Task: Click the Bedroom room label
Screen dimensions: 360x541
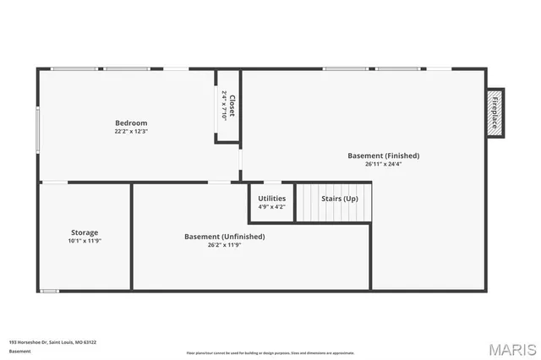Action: pos(131,123)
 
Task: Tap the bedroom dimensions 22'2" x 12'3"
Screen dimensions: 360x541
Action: pos(131,131)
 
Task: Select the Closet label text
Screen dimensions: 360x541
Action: pos(231,105)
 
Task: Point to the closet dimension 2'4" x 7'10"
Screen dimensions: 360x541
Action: pos(223,106)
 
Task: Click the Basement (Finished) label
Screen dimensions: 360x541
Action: pos(383,155)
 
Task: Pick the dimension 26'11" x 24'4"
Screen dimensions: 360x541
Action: pos(383,164)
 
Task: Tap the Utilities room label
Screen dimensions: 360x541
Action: pos(271,199)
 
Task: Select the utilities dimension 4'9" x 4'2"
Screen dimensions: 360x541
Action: pos(271,206)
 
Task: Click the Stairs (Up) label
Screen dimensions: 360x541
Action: pos(339,199)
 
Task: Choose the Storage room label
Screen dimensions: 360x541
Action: pos(85,232)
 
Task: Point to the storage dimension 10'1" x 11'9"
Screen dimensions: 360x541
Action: pos(85,241)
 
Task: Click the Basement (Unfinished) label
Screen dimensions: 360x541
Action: pos(224,237)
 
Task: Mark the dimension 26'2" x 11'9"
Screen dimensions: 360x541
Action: pos(224,245)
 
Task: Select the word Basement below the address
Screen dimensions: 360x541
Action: pos(19,351)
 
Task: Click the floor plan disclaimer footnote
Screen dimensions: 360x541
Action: pos(270,352)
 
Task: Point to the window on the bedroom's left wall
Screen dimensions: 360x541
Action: pos(37,128)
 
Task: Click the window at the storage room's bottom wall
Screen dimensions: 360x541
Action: pos(50,291)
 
